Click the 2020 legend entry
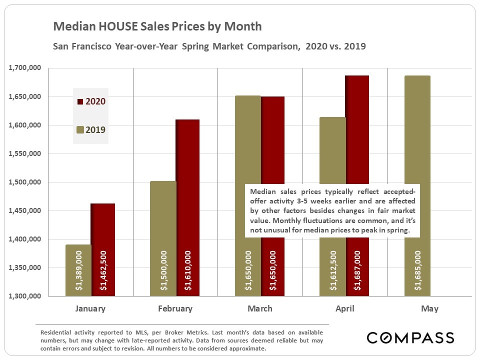point(91,101)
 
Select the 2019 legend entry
point(91,130)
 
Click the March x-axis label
point(260,308)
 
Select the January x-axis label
point(90,308)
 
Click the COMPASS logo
point(410,337)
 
